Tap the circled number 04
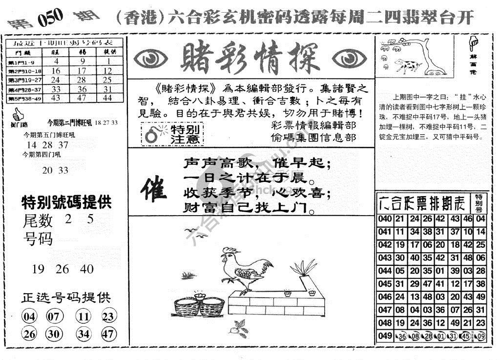click(x=30, y=317)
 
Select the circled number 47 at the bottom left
click(x=108, y=334)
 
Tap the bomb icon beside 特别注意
click(x=152, y=135)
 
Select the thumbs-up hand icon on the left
click(x=18, y=115)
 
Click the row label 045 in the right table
click(x=385, y=283)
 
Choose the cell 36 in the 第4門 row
click(x=83, y=89)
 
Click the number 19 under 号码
click(x=38, y=269)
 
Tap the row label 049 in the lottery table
click(x=385, y=336)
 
